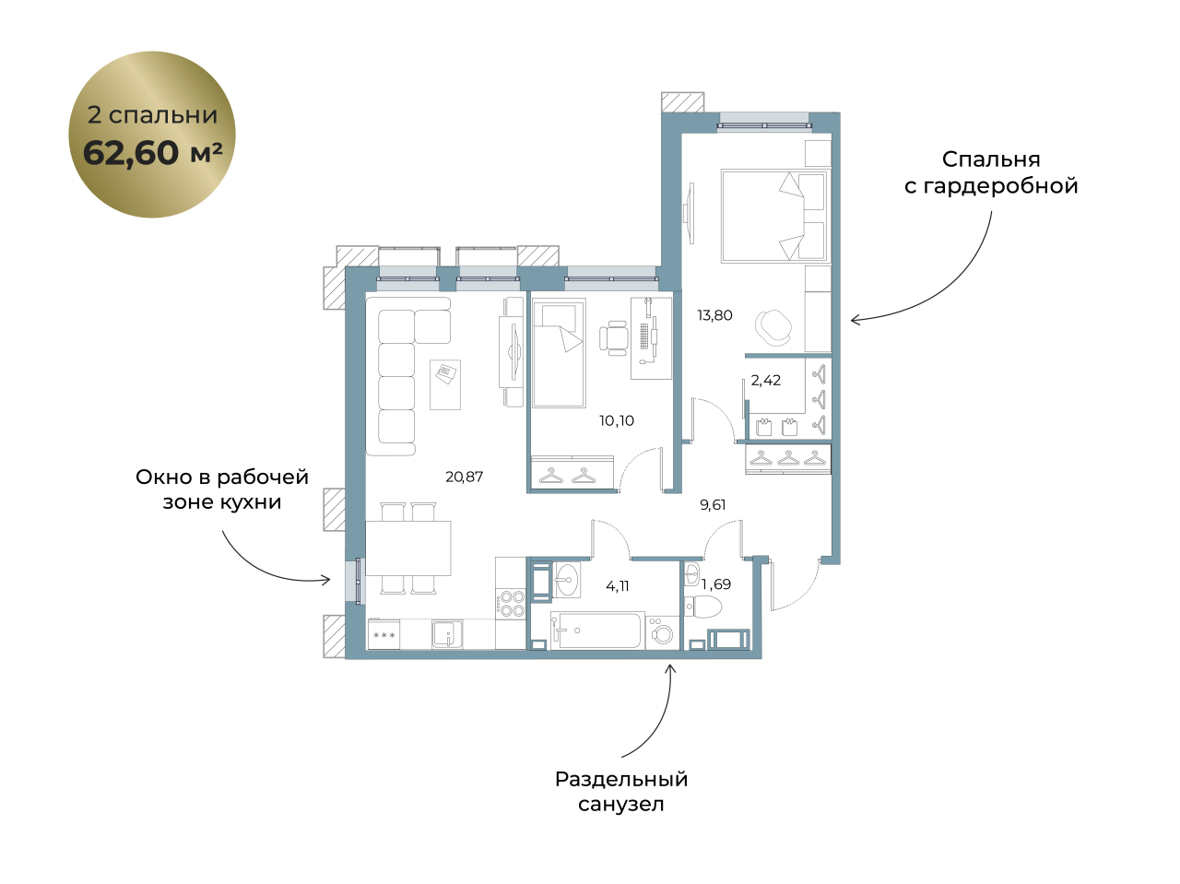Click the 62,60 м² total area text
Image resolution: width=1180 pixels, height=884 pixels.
coord(153,152)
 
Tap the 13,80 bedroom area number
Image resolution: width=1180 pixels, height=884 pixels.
coord(714,315)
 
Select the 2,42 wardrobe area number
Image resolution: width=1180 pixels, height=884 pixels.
coord(765,381)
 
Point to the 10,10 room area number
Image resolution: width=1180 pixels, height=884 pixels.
coord(617,420)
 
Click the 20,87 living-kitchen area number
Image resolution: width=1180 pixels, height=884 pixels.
coord(464,477)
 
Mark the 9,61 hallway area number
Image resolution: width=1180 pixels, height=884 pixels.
coord(713,504)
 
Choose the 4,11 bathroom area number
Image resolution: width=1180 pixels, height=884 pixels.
coord(617,585)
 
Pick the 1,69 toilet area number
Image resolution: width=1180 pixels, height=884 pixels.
coord(716,584)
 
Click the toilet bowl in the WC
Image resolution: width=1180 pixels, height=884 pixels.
coord(703,607)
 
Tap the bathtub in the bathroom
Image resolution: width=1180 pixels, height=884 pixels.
coord(597,631)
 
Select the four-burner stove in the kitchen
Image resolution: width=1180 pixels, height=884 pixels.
coord(510,604)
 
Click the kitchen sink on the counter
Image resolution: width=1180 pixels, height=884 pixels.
coord(447,634)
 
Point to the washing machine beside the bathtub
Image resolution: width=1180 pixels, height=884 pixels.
coord(662,632)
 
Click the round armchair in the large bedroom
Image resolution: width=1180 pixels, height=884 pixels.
coord(773,327)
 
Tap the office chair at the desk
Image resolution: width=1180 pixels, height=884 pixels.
coord(613,338)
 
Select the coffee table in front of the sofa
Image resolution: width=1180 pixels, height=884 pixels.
coord(445,384)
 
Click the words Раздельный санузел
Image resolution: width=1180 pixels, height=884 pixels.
coord(621,792)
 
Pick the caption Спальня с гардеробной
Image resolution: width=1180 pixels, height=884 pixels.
coord(991,172)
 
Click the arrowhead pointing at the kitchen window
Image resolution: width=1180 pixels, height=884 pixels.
coord(325,579)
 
